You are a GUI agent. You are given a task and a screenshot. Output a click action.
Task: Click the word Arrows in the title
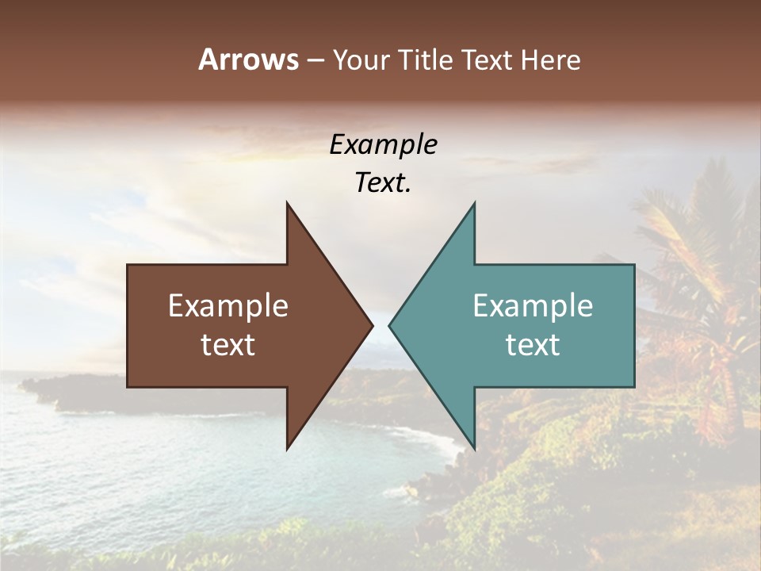tap(248, 59)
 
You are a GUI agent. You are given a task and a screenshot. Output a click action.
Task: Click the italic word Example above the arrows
tap(384, 145)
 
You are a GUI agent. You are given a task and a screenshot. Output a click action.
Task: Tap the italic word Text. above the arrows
tap(384, 183)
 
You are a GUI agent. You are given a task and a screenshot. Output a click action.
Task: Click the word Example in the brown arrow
tap(228, 306)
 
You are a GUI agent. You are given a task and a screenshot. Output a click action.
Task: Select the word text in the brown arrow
tap(228, 345)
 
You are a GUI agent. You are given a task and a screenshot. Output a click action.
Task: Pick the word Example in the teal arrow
tap(533, 306)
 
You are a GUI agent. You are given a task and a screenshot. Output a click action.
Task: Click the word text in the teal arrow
tap(533, 345)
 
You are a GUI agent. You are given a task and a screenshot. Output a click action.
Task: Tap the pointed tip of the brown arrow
tap(371, 325)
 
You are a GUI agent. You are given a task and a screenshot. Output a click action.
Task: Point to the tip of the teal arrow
tap(391, 325)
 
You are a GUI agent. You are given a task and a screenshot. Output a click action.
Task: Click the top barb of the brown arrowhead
tap(289, 208)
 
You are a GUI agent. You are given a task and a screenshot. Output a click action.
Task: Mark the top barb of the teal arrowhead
tap(473, 208)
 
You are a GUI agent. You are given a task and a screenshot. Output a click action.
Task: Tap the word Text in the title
tap(487, 59)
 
